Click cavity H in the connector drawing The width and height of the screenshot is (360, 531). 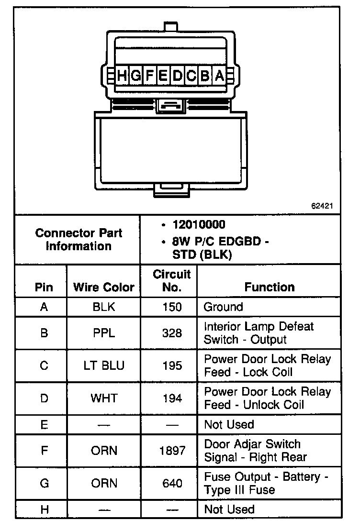point(123,75)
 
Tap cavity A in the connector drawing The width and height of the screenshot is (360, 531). point(219,75)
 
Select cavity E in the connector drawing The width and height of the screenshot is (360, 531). point(163,75)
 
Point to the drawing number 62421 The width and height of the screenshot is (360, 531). point(322,206)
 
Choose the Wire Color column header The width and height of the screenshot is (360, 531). point(103,287)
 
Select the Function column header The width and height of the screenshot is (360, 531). point(270,287)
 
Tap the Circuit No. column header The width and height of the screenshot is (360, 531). point(171,281)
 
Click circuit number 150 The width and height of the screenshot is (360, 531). point(172,307)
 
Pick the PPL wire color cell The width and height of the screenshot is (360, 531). point(104,333)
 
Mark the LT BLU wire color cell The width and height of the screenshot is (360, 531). point(104,365)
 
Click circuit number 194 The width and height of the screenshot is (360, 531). point(172,398)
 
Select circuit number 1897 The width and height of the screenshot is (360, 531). point(172,451)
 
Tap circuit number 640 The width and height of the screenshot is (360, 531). point(172,484)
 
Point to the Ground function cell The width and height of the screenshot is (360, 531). point(224,307)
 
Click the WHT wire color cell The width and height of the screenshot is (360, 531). point(104,398)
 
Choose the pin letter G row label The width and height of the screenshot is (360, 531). point(44,484)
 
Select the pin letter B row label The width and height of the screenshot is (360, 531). point(44,333)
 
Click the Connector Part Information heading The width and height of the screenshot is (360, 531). point(79,240)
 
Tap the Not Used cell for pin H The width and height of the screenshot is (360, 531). point(229,509)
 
